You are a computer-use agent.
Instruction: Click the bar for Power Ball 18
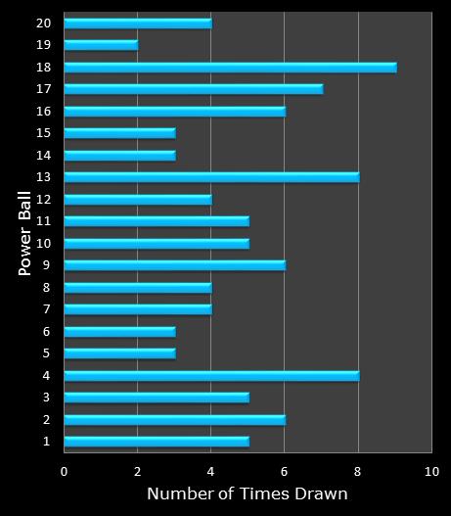point(230,67)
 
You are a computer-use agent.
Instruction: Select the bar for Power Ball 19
point(101,44)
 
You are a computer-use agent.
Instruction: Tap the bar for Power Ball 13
point(211,177)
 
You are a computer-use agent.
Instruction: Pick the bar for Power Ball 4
point(211,375)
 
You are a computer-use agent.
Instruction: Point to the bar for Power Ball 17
point(193,89)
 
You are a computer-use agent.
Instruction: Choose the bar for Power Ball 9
point(174,265)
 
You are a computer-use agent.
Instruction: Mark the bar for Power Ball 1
point(157,442)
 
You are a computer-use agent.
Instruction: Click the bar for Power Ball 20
point(137,23)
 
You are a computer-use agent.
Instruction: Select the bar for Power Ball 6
point(119,331)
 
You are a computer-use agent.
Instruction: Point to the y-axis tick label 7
point(45,309)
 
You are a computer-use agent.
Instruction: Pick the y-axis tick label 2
point(45,419)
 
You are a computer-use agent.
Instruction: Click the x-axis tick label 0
point(64,471)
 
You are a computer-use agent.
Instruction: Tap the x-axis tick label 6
point(285,471)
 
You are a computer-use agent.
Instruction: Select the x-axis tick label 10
point(430,471)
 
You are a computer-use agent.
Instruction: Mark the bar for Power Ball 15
point(119,133)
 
